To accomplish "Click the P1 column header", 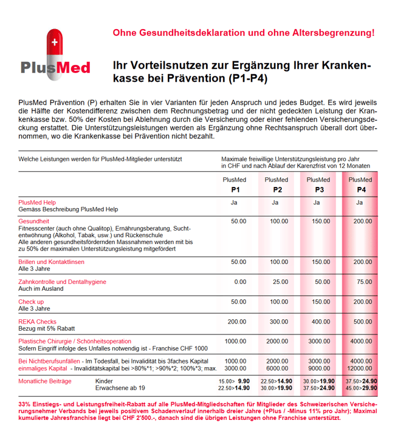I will coord(235,184).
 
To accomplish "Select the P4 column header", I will coord(360,184).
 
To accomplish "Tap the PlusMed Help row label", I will coord(37,202).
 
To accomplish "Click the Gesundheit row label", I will coord(34,221).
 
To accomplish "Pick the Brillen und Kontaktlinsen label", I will coord(52,262).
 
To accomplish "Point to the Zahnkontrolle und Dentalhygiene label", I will coord(62,282).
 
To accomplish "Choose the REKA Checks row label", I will coord(38,322).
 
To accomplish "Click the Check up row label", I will coord(31,302).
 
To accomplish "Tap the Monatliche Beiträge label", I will coord(45,381).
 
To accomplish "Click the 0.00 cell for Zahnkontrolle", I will coord(240,282).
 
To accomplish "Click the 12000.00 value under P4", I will coord(360,368).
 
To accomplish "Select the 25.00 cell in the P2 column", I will coord(280,282).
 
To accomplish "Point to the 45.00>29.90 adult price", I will coord(361,388).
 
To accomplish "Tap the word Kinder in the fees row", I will coord(105,381).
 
